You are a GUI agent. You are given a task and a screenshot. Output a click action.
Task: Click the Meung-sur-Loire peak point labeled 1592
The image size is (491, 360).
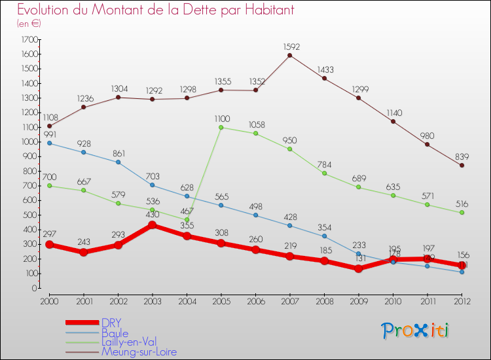pyautogui.click(x=290, y=55)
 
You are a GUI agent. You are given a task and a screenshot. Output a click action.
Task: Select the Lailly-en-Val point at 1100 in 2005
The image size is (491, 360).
pyautogui.click(x=221, y=127)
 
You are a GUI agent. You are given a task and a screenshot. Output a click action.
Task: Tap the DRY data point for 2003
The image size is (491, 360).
pyautogui.click(x=153, y=225)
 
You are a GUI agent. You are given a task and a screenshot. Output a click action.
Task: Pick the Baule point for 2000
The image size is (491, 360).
pyautogui.click(x=49, y=143)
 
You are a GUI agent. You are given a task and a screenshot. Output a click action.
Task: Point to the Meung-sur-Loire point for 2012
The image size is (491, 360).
pyautogui.click(x=462, y=165)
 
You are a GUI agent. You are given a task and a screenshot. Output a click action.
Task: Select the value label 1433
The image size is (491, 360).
pyautogui.click(x=325, y=69)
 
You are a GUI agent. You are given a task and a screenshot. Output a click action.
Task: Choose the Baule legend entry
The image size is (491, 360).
pyautogui.click(x=115, y=332)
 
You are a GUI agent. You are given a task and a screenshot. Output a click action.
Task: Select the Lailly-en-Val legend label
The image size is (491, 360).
pyautogui.click(x=128, y=342)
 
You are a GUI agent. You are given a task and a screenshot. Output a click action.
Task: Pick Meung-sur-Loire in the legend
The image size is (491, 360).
pyautogui.click(x=139, y=351)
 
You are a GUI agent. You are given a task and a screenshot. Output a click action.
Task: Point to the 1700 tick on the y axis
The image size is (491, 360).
pyautogui.click(x=29, y=39)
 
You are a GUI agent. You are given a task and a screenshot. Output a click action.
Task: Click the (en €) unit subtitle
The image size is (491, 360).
pyautogui.click(x=29, y=23)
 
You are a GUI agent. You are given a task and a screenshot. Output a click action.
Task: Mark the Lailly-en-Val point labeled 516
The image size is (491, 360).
pyautogui.click(x=462, y=213)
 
